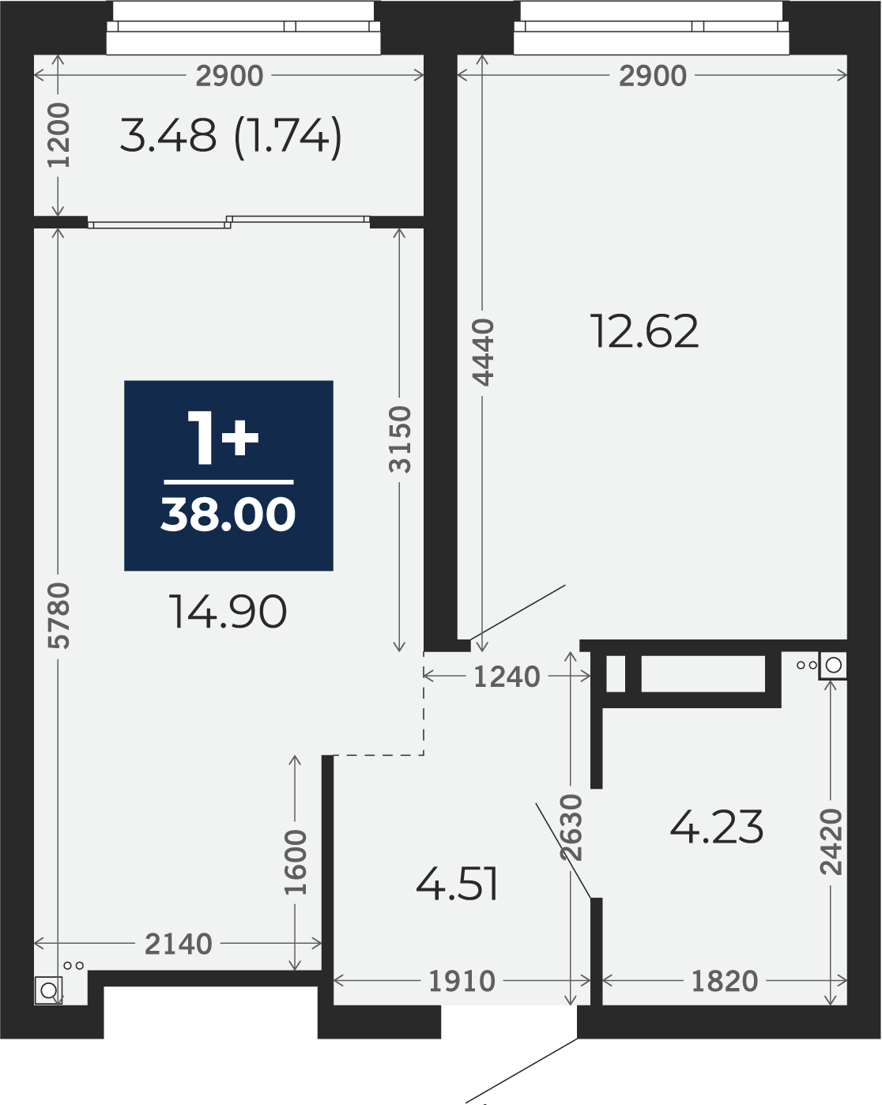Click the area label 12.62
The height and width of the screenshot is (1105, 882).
point(645,331)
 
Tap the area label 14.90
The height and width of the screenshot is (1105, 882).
point(228,611)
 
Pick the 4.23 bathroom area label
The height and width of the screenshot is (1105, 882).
point(717,828)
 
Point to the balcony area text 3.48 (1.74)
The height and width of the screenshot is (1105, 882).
point(231,136)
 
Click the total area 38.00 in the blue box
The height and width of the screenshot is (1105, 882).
point(228,514)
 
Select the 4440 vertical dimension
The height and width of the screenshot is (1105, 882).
point(483,353)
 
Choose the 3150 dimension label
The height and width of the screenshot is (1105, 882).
point(400,439)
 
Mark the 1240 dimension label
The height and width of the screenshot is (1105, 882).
point(507,677)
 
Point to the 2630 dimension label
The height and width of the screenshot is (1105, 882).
point(571,828)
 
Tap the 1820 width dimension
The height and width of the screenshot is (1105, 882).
point(725,981)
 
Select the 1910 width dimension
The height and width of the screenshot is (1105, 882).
point(462,981)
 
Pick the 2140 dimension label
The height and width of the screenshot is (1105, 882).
point(178,944)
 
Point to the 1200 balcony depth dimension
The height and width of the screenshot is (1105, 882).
point(58,135)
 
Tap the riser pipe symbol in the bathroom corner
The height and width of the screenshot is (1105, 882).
point(832,665)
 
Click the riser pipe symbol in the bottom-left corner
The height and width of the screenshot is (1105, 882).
point(49,990)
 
